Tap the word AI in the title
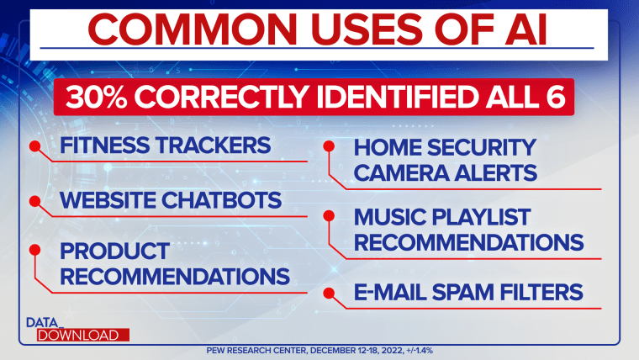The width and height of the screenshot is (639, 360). tap(525, 29)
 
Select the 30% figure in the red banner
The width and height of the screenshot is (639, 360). tap(96, 97)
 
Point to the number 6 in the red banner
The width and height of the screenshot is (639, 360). tap(556, 97)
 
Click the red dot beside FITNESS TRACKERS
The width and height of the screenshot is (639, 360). tap(35, 146)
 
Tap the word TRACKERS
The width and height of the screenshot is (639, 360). tap(213, 146)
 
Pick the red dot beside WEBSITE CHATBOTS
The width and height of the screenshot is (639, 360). tap(35, 201)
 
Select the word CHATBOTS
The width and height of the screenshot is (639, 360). tap(221, 200)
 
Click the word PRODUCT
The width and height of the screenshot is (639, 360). tap(114, 251)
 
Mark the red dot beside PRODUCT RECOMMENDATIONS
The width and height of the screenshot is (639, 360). tap(35, 250)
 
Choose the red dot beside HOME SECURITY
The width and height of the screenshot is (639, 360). tap(329, 146)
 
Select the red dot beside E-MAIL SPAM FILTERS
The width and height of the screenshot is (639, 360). tap(329, 293)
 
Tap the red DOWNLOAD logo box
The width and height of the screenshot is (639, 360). tap(82, 335)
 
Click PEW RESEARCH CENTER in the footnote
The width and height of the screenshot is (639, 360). tap(256, 351)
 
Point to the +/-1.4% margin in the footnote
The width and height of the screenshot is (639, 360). tap(420, 351)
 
